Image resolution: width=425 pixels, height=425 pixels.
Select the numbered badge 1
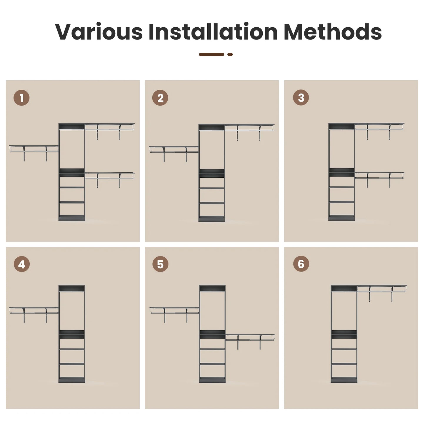(x=21, y=98)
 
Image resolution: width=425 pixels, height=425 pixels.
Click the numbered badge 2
(x=160, y=98)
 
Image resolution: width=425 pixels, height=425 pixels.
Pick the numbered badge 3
(x=301, y=97)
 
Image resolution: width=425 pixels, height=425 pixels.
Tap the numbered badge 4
(x=21, y=264)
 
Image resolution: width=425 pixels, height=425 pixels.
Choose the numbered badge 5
(x=160, y=264)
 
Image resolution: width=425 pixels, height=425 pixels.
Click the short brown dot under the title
(x=230, y=54)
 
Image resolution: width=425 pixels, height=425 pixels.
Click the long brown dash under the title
(x=211, y=54)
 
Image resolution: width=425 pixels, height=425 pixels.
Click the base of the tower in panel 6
(x=344, y=380)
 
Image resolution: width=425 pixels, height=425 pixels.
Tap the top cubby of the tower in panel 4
(x=72, y=289)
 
